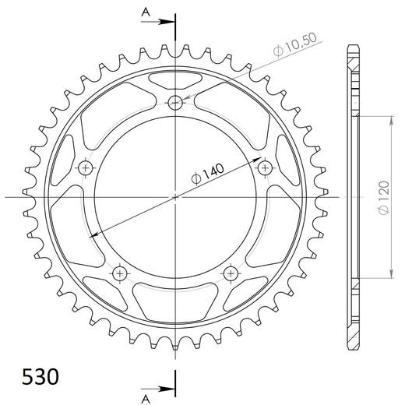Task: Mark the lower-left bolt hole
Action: [x=120, y=273]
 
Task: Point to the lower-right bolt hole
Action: [x=231, y=273]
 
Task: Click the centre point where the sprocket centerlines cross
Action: [x=176, y=197]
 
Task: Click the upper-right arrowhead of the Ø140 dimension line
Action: [x=259, y=158]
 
